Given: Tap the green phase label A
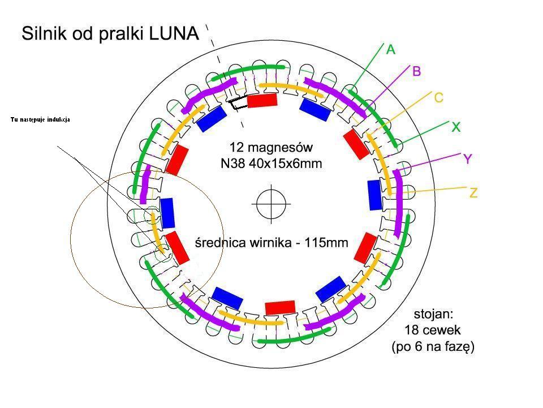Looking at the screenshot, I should coord(391,50).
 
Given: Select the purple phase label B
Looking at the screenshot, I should coord(417,72).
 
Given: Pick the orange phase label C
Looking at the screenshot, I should coord(438,98).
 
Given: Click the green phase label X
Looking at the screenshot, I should coord(455,128).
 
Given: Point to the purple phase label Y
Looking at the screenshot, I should coord(468,159).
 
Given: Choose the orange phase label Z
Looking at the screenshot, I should coord(473,194).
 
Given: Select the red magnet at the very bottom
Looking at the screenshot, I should coord(280,307).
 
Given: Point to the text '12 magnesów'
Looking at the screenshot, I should coord(271,148).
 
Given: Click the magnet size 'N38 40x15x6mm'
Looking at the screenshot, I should coord(271,164).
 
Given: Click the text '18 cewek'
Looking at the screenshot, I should coord(433,330).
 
